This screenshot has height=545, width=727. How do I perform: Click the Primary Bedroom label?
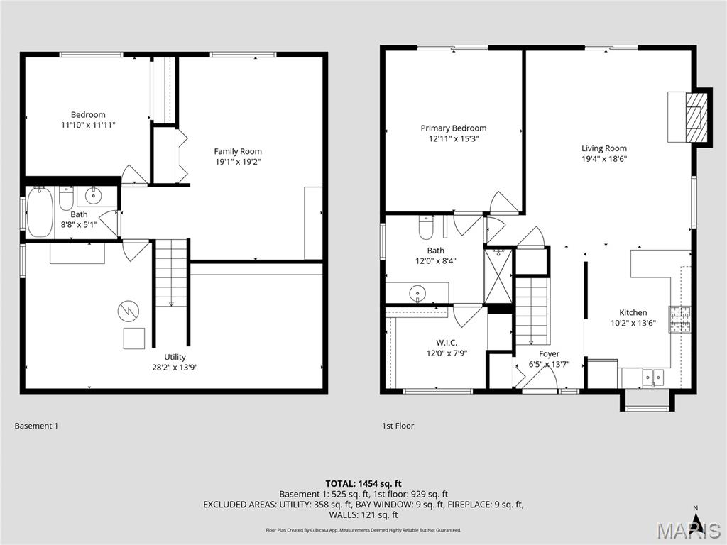[x=454, y=128]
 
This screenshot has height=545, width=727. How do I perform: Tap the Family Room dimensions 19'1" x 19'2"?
[x=238, y=162]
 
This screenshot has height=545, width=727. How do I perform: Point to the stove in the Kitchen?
[x=680, y=319]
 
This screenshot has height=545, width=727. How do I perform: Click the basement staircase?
[x=170, y=273]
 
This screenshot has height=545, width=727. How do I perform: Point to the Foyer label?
[x=549, y=354]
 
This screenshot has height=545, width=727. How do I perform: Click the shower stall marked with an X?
[x=498, y=275]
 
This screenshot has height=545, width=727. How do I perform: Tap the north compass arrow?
[x=696, y=522]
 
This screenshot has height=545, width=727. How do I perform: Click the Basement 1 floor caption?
[x=36, y=426]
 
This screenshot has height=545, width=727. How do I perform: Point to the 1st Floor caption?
[x=398, y=426]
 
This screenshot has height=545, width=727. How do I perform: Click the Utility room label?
[x=175, y=357]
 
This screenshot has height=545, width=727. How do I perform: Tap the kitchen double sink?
[x=650, y=378]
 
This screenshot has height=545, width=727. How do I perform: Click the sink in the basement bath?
[x=93, y=195]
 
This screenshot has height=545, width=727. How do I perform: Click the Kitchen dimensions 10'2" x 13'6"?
[x=633, y=323]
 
